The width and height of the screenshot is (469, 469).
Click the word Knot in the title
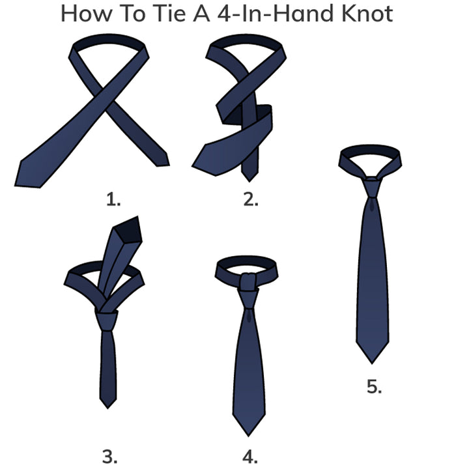pyautogui.click(x=367, y=14)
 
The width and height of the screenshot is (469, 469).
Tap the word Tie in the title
pyautogui.click(x=169, y=14)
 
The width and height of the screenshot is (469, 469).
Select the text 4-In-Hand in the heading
pyautogui.click(x=275, y=14)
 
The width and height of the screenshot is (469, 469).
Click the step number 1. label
pyautogui.click(x=113, y=199)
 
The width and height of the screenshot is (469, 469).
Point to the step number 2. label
pyautogui.click(x=251, y=199)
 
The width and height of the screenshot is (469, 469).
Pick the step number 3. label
pyautogui.click(x=109, y=457)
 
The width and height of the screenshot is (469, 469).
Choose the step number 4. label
pyautogui.click(x=249, y=457)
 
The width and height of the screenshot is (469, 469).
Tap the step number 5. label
pyautogui.click(x=374, y=386)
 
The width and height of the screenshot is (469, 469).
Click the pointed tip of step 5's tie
pyautogui.click(x=372, y=363)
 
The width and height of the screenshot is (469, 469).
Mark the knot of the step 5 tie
pyautogui.click(x=372, y=188)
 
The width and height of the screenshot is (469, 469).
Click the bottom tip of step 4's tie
pyautogui.click(x=248, y=436)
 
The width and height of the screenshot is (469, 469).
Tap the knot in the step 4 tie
pyautogui.click(x=248, y=298)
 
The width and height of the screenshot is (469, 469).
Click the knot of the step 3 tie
pyautogui.click(x=107, y=320)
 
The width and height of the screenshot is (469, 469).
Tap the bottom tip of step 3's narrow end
pyautogui.click(x=107, y=408)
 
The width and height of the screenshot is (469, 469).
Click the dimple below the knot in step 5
pyautogui.click(x=372, y=205)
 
